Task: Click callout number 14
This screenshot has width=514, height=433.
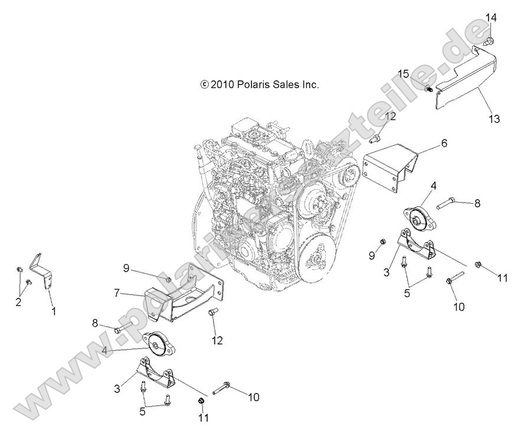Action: (x=491, y=18)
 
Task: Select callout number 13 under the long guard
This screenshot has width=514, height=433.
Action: (x=493, y=119)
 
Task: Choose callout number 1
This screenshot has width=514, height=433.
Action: (x=54, y=310)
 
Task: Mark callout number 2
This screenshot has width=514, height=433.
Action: (x=18, y=302)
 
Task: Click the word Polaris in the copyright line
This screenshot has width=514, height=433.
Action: (x=254, y=84)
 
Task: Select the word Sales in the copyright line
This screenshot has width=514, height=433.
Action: (x=285, y=84)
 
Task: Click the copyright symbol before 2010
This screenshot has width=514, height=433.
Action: (x=204, y=84)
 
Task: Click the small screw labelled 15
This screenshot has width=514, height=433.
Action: (x=428, y=89)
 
